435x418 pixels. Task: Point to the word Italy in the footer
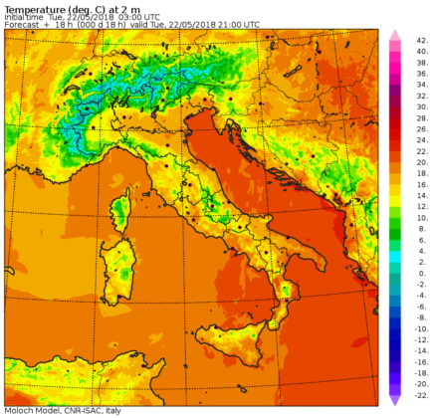click(114, 411)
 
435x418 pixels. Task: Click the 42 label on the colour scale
click(422, 40)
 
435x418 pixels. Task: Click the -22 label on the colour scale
click(421, 390)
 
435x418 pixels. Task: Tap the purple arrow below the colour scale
click(394, 398)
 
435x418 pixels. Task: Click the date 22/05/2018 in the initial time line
click(72, 16)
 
